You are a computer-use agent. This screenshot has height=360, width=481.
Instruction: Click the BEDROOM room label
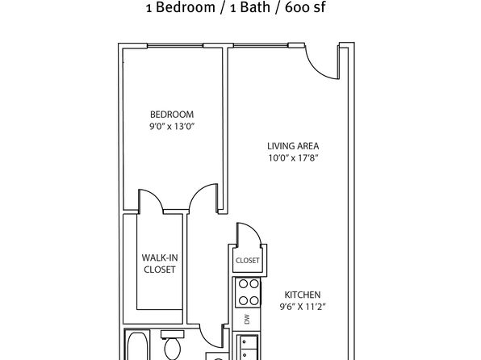172,115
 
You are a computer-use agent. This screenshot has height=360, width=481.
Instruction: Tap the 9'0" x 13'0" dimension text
172,127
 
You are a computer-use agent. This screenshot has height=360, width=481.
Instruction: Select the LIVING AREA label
293,146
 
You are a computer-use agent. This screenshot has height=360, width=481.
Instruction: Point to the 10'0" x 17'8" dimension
293,158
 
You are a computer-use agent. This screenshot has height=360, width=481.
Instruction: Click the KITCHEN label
303,295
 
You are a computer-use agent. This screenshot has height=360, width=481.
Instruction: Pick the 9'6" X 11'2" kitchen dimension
303,307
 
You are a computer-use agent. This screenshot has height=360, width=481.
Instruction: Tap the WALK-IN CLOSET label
160,264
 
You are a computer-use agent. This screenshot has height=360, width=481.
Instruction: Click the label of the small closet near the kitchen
248,261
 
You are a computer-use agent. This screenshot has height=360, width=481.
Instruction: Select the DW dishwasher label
247,320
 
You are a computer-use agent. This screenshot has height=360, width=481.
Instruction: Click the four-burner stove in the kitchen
249,292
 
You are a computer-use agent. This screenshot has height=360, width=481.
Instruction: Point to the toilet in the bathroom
173,345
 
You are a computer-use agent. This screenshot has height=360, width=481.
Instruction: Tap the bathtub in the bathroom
137,345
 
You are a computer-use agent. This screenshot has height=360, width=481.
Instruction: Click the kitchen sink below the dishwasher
247,347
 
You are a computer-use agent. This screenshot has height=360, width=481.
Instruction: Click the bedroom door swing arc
201,194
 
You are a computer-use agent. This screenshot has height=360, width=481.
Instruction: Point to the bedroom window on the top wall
175,46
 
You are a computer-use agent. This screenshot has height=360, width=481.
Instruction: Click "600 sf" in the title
305,7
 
